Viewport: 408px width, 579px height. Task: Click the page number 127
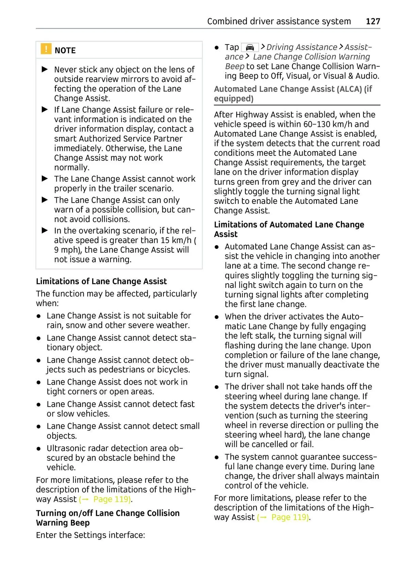click(373, 21)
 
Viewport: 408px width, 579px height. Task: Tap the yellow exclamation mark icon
click(46, 49)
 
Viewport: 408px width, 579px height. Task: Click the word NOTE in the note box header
click(65, 51)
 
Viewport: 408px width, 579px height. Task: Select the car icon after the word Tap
click(250, 47)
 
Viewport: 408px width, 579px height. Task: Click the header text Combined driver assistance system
click(279, 21)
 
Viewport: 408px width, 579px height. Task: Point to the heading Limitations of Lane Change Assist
click(101, 282)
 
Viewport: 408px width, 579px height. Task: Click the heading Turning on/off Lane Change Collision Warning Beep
click(107, 518)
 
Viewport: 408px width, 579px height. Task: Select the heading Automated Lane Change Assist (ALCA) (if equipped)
click(293, 94)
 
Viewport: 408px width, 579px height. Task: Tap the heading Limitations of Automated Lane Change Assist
click(289, 229)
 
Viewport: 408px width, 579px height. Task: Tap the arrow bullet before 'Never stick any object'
click(45, 70)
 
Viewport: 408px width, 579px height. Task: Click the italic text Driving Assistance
click(302, 47)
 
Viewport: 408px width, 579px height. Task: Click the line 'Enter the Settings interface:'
click(90, 535)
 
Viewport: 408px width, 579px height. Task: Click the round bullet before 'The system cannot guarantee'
click(217, 457)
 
